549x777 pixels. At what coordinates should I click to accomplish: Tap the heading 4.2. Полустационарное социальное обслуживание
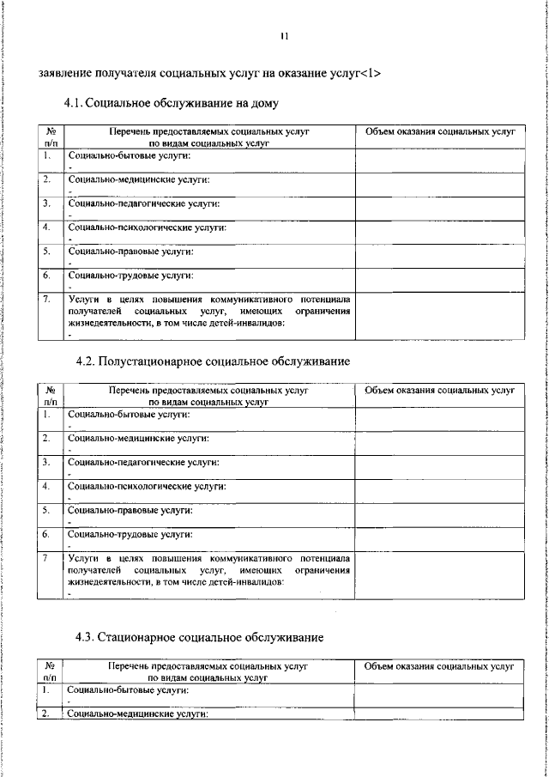pos(213,361)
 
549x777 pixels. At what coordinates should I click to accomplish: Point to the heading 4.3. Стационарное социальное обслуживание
pos(199,637)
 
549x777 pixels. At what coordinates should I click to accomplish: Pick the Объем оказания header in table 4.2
pos(439,390)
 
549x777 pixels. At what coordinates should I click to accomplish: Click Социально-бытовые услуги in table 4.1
pos(129,156)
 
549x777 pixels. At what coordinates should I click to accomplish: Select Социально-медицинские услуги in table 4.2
pos(137,438)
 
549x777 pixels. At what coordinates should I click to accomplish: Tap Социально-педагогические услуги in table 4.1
pos(143,203)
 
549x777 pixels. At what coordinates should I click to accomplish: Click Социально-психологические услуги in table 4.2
pos(146,486)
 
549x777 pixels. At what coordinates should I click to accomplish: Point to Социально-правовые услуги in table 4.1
pos(130,252)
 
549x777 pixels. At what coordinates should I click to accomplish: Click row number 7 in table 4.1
pos(48,299)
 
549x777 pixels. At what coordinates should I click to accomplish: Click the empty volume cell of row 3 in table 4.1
pos(439,209)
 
